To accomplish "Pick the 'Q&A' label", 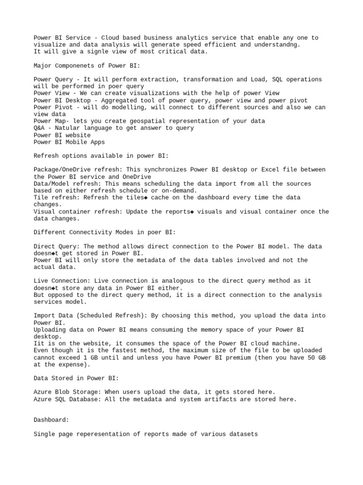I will (x=39, y=128).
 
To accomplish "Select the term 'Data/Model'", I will (x=52, y=183).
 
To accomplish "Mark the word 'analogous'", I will (x=191, y=281).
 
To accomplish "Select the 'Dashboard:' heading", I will (x=52, y=420).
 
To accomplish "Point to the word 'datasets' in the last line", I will (x=243, y=434).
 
